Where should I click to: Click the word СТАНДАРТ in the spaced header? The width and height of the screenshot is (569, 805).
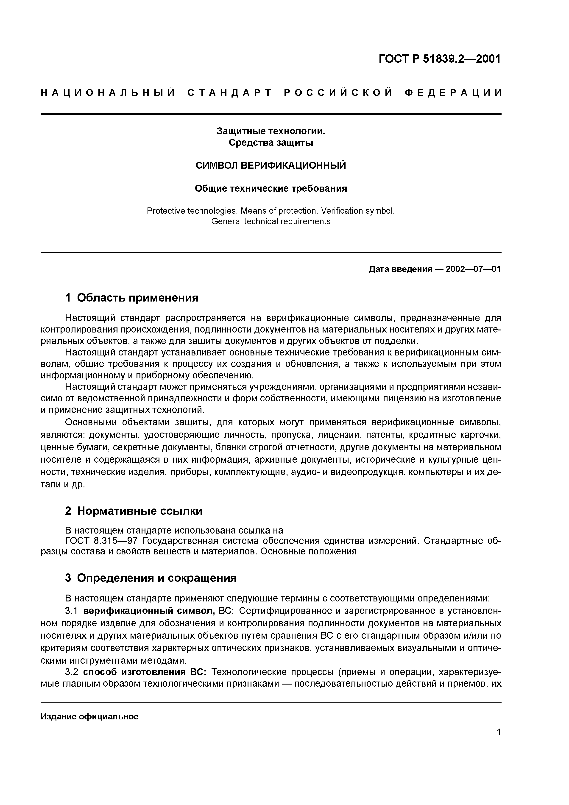point(230,93)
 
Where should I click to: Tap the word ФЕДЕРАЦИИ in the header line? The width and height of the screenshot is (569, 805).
point(453,93)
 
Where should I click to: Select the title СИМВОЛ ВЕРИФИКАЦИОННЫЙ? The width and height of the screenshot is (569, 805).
point(271,165)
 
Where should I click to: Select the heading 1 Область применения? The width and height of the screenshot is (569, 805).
point(132,298)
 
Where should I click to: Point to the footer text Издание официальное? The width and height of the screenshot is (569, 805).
point(90,717)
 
